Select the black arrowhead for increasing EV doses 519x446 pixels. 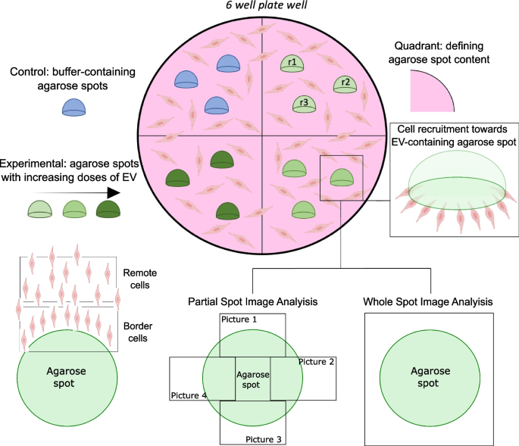coord(113,193)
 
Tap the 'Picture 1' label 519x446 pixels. coord(239,320)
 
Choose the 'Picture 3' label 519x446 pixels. coord(264,438)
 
